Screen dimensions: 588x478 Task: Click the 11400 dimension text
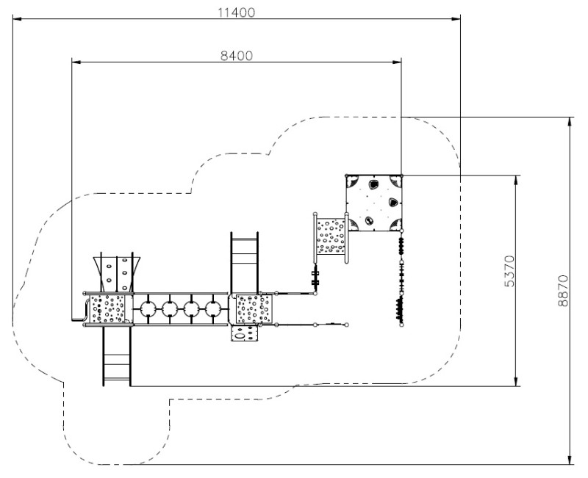(236, 12)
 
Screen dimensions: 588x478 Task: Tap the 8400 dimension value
(236, 56)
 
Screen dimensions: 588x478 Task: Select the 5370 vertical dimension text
(509, 271)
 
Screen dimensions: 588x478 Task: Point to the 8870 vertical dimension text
(563, 291)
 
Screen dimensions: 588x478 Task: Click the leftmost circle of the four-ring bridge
(148, 309)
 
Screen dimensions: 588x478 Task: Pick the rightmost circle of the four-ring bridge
(213, 309)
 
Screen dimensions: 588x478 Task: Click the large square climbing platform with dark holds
(374, 203)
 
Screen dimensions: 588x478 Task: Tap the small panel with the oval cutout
(245, 333)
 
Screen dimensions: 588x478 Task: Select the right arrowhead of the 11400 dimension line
(456, 18)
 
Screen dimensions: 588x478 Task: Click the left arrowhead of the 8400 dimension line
(76, 62)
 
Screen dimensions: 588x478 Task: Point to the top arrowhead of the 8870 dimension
(570, 122)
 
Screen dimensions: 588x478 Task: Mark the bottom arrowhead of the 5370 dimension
(517, 381)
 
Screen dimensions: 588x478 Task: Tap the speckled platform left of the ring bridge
(108, 309)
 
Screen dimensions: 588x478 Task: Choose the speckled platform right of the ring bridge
(253, 309)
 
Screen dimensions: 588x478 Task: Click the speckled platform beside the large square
(331, 236)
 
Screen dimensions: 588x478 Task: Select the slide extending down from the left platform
(117, 355)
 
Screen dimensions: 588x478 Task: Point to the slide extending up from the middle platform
(245, 262)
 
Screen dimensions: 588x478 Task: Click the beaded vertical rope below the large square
(401, 279)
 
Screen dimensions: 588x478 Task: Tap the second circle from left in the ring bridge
(170, 309)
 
